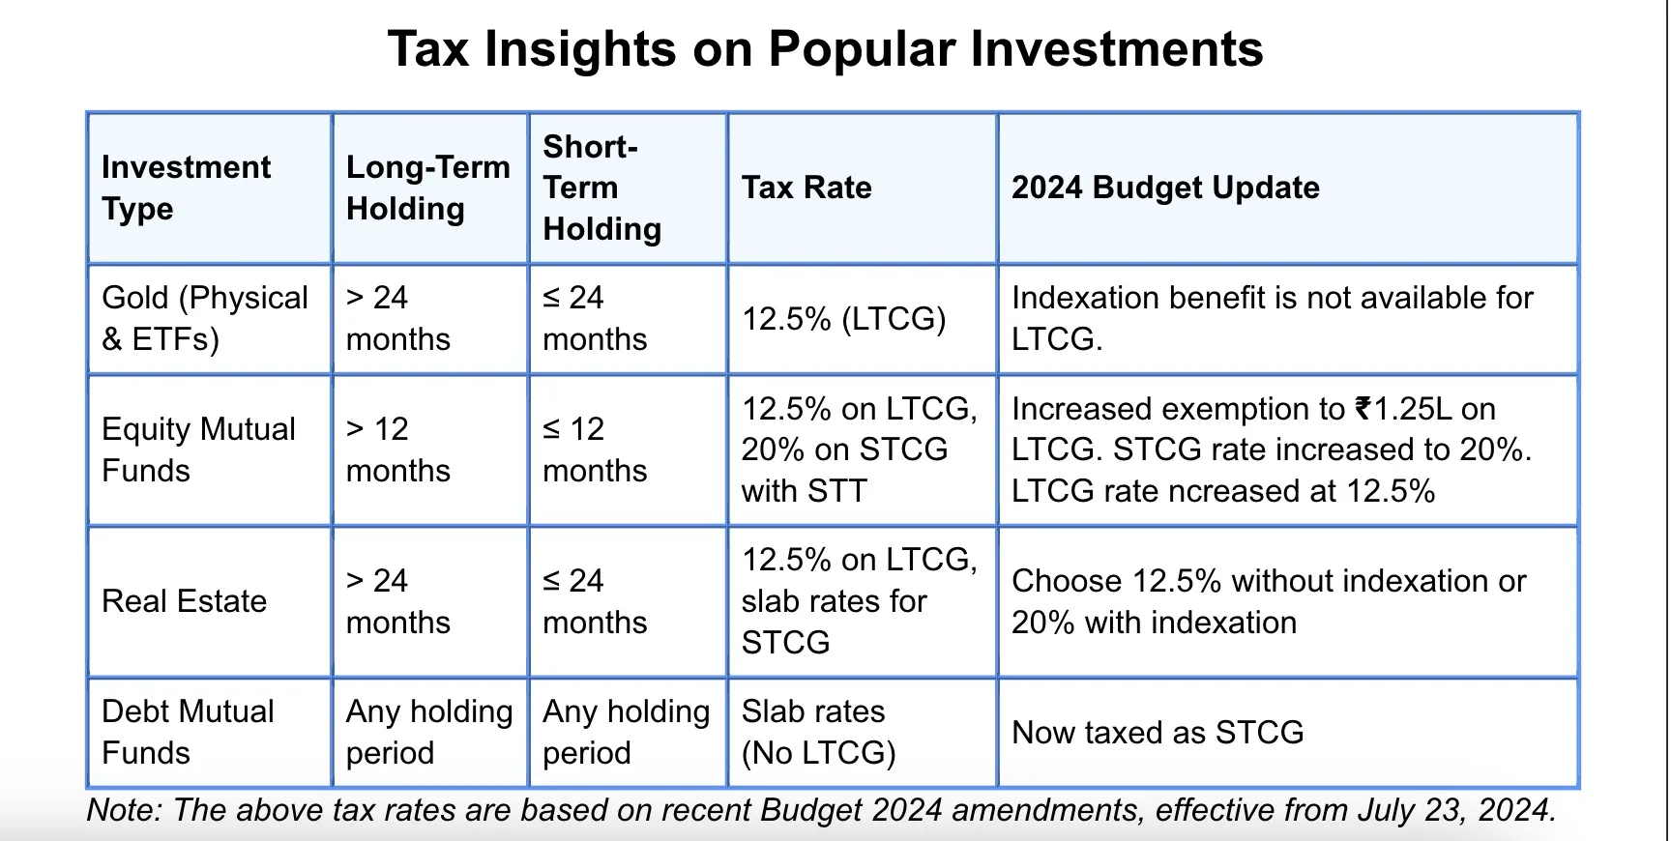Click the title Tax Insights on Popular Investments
click(825, 49)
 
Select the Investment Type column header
click(186, 188)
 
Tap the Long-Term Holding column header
click(427, 188)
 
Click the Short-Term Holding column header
click(601, 188)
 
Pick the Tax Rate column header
click(806, 188)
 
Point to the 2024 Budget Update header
click(1164, 188)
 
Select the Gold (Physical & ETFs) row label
click(204, 318)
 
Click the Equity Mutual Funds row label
click(198, 449)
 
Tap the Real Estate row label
click(184, 601)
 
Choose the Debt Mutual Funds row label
click(188, 732)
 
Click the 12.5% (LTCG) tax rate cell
click(843, 319)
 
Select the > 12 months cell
click(397, 449)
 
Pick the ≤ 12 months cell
click(594, 449)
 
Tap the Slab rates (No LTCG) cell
click(818, 732)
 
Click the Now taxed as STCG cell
click(1157, 733)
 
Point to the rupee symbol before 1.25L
click(1363, 409)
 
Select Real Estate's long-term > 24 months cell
click(397, 601)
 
